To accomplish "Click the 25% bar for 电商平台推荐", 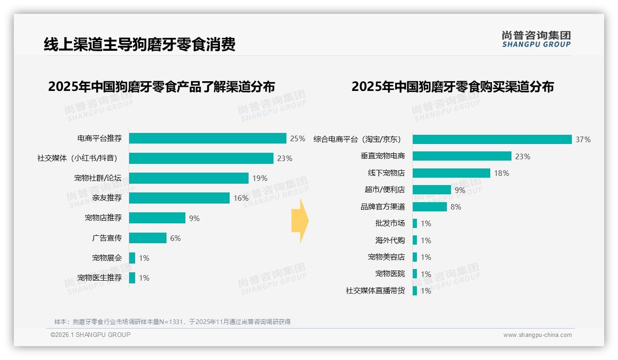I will [208, 138].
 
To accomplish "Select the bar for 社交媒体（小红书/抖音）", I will [201, 158].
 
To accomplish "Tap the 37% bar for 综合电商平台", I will [492, 139].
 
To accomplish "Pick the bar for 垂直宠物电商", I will [462, 156].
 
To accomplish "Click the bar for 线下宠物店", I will [451, 173].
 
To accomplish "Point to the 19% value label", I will [260, 179].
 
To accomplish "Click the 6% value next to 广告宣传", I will [175, 238].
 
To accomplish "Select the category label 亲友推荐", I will [107, 198].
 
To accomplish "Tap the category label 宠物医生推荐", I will [100, 278].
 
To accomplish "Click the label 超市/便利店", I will [385, 190].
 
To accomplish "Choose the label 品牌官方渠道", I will [383, 207].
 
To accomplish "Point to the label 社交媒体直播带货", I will [375, 291].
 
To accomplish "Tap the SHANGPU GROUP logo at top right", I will [536, 39].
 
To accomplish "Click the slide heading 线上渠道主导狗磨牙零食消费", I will [140, 44].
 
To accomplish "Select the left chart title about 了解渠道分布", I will [161, 87].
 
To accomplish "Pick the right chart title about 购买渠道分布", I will [452, 87].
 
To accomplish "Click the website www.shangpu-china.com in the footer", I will [537, 335].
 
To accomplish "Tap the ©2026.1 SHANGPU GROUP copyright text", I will [90, 335].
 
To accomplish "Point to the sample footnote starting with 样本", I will [172, 322].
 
